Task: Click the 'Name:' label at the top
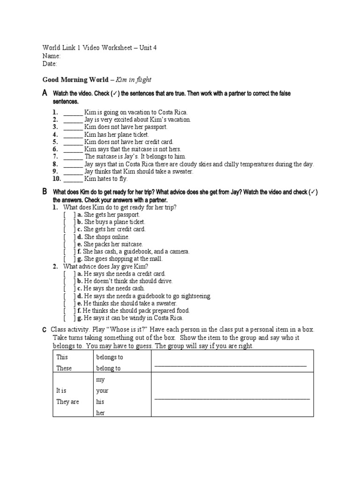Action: pyautogui.click(x=52, y=56)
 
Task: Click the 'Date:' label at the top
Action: pyautogui.click(x=50, y=63)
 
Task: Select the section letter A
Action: pyautogui.click(x=45, y=94)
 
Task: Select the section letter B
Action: pyautogui.click(x=45, y=192)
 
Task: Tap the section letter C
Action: pyautogui.click(x=45, y=330)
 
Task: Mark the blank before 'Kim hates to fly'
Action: pyautogui.click(x=73, y=179)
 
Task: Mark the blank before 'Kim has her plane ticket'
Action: pyautogui.click(x=73, y=134)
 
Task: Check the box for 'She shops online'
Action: pyautogui.click(x=69, y=237)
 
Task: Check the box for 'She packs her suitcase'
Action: pyautogui.click(x=69, y=245)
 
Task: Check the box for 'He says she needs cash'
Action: pyautogui.click(x=69, y=289)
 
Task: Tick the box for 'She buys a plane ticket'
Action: pyautogui.click(x=69, y=222)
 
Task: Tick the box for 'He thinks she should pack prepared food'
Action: pyautogui.click(x=69, y=311)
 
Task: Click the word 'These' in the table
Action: pyautogui.click(x=64, y=368)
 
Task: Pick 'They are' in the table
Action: pyautogui.click(x=68, y=402)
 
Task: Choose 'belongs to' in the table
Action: pyautogui.click(x=109, y=357)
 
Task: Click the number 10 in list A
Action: pyautogui.click(x=56, y=179)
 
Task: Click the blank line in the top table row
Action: pyautogui.click(x=230, y=365)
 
